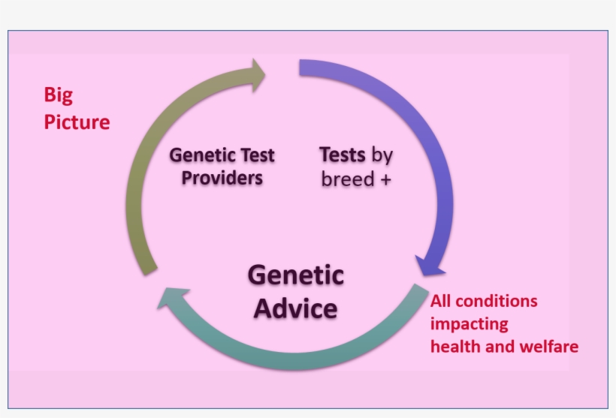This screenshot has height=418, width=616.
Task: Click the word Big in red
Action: [x=59, y=95]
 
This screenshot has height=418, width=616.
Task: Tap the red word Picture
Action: [x=77, y=122]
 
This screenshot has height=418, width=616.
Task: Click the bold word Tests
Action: [x=342, y=155]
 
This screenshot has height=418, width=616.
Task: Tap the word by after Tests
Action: [x=382, y=156]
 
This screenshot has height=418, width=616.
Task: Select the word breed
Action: [x=348, y=179]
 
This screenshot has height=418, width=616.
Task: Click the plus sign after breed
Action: [x=385, y=179]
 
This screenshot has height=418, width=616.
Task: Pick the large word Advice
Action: [x=295, y=308]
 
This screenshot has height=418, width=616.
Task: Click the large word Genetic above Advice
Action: [x=295, y=275]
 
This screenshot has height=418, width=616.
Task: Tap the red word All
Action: [x=442, y=301]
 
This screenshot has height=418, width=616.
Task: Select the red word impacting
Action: [x=469, y=324]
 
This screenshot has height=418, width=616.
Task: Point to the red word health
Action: [x=452, y=347]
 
